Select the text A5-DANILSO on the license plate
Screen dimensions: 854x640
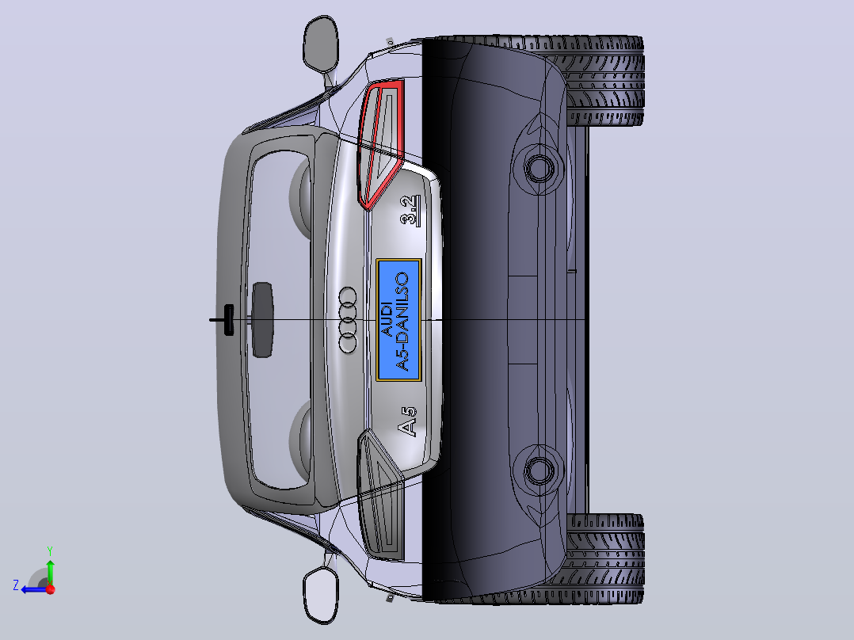[x=402, y=322]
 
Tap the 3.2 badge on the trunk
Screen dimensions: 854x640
[x=410, y=211]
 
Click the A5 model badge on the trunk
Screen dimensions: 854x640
[x=408, y=421]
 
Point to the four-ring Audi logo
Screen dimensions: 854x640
[x=348, y=320]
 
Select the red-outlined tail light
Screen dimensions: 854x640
[x=380, y=144]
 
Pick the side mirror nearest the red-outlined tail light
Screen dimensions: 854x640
[x=321, y=44]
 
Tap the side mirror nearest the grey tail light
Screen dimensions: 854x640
[x=321, y=595]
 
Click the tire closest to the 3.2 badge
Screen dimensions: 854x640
[x=604, y=82]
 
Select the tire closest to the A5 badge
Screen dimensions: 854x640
[x=604, y=559]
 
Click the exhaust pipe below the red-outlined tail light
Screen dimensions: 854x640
[x=539, y=168]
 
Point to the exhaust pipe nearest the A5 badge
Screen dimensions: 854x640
[x=539, y=470]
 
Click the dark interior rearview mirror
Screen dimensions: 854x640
[x=262, y=320]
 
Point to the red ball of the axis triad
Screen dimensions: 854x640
[x=51, y=589]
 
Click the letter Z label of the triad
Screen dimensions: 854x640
[x=16, y=585]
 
